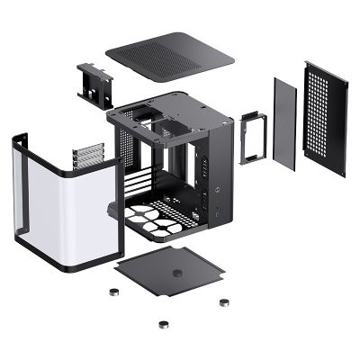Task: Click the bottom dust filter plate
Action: pos(171,270)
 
